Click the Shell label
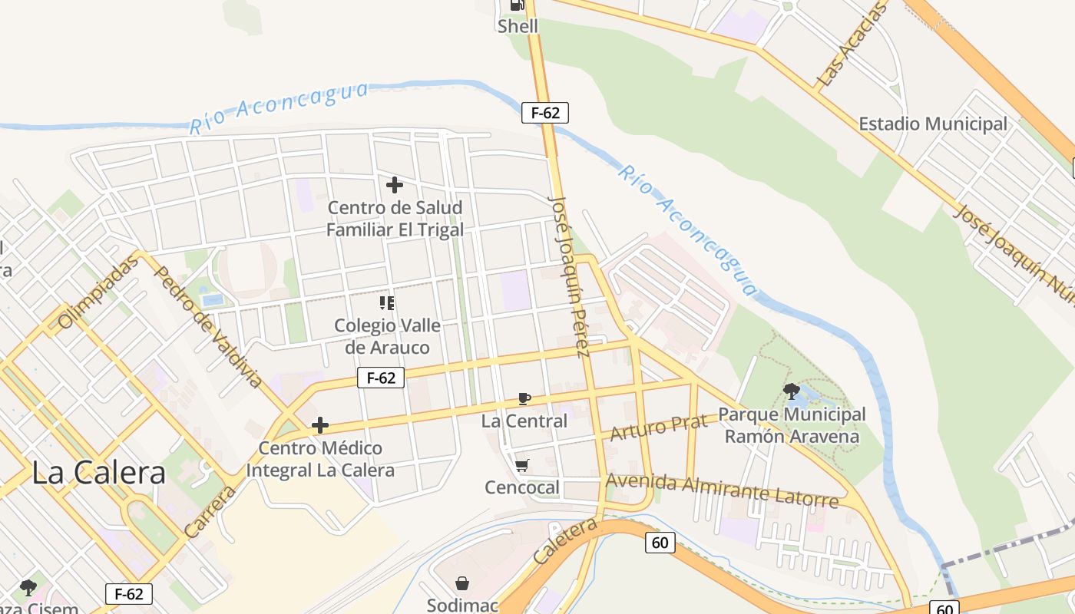tap(518, 26)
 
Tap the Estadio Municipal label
tap(932, 124)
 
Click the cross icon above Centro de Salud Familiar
tap(395, 185)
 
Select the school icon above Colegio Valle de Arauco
tap(387, 303)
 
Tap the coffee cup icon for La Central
tap(524, 398)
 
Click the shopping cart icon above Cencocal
tap(522, 465)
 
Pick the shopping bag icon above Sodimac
tap(462, 583)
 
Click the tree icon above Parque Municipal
tap(792, 391)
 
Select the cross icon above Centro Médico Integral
tap(320, 425)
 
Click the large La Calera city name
tap(98, 472)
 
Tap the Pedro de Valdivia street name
tap(208, 327)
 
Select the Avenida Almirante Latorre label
tap(722, 491)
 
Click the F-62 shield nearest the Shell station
tap(545, 113)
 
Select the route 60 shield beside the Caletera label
tap(660, 543)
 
